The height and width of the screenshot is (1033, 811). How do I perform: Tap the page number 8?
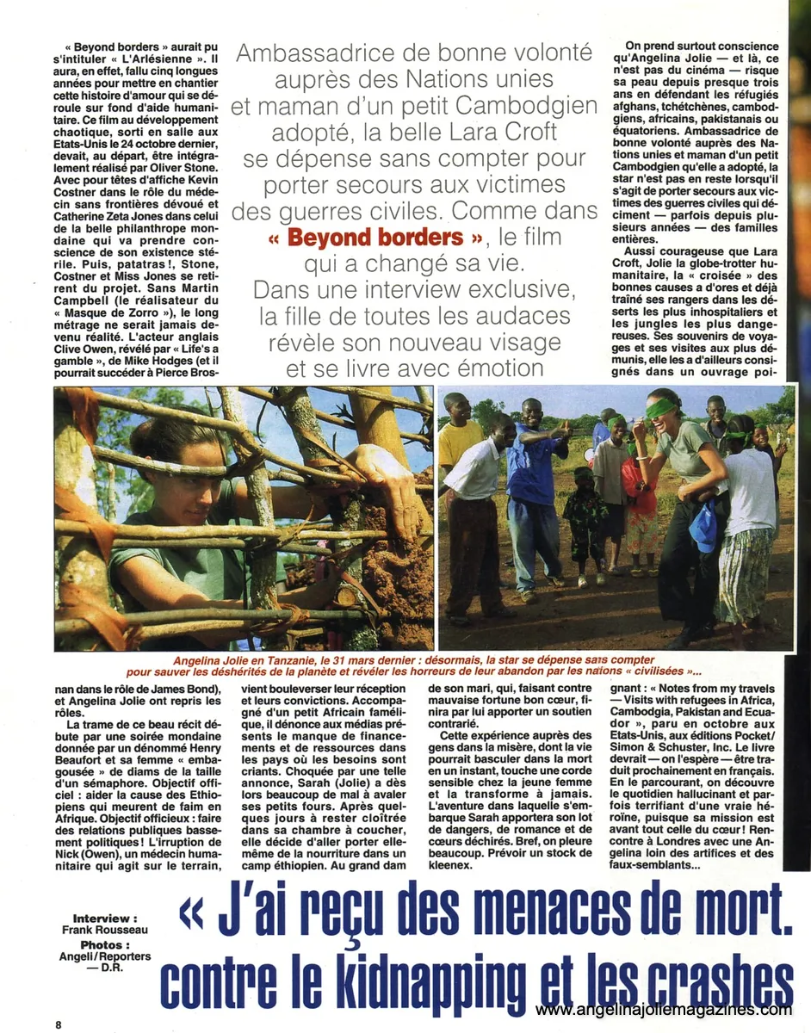pos(59,1024)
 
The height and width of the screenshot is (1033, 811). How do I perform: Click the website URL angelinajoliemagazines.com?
pos(663,1010)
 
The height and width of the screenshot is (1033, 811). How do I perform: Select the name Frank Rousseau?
pos(104,931)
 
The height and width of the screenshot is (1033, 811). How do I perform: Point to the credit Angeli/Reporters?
pos(104,956)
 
